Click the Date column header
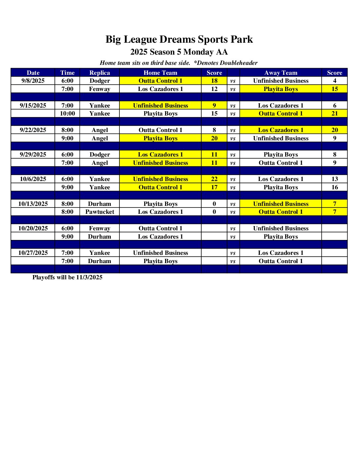(33, 73)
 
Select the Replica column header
(100, 73)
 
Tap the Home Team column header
(160, 73)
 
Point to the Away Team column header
(281, 73)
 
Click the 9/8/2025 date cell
(33, 81)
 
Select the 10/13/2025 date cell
(33, 204)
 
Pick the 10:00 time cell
(67, 114)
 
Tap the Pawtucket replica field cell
(100, 212)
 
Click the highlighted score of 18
(214, 81)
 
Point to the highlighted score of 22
(214, 179)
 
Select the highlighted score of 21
(335, 114)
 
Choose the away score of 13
(335, 179)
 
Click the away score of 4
(335, 81)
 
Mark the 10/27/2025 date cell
(33, 253)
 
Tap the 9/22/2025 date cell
(33, 130)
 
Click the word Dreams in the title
(177, 39)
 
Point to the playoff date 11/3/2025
(89, 277)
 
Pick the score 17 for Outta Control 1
(214, 187)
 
